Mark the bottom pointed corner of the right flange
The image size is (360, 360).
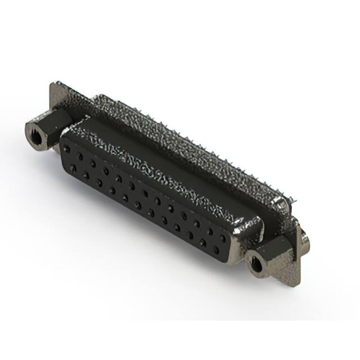click(x=296, y=284)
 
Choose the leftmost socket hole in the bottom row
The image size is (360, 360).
click(x=73, y=168)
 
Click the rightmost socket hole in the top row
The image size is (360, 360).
click(x=223, y=238)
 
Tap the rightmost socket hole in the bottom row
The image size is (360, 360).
click(x=216, y=250)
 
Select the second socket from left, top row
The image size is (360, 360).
click(x=80, y=156)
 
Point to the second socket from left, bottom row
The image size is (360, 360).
click(x=85, y=175)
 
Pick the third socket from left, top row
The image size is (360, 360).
click(x=93, y=163)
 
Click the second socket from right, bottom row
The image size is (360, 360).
click(x=203, y=242)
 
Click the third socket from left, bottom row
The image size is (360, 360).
click(x=98, y=182)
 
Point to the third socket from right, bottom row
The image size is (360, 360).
click(x=190, y=235)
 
